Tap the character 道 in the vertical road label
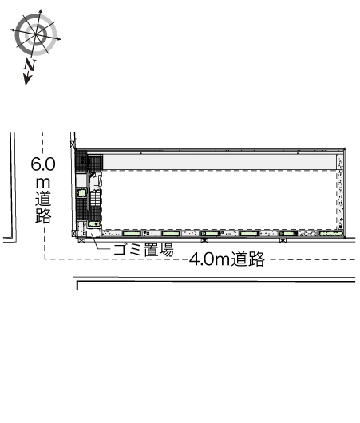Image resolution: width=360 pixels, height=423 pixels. [44, 200]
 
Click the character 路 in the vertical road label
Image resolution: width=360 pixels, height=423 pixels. [44, 215]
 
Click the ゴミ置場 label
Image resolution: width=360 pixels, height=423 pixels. [143, 250]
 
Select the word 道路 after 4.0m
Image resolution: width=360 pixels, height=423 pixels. [247, 259]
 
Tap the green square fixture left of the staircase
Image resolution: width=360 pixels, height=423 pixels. [81, 192]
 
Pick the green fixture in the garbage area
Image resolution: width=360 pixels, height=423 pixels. [94, 224]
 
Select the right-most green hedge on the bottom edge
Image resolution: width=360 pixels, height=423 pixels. [329, 234]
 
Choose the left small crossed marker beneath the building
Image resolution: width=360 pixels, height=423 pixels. [205, 239]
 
